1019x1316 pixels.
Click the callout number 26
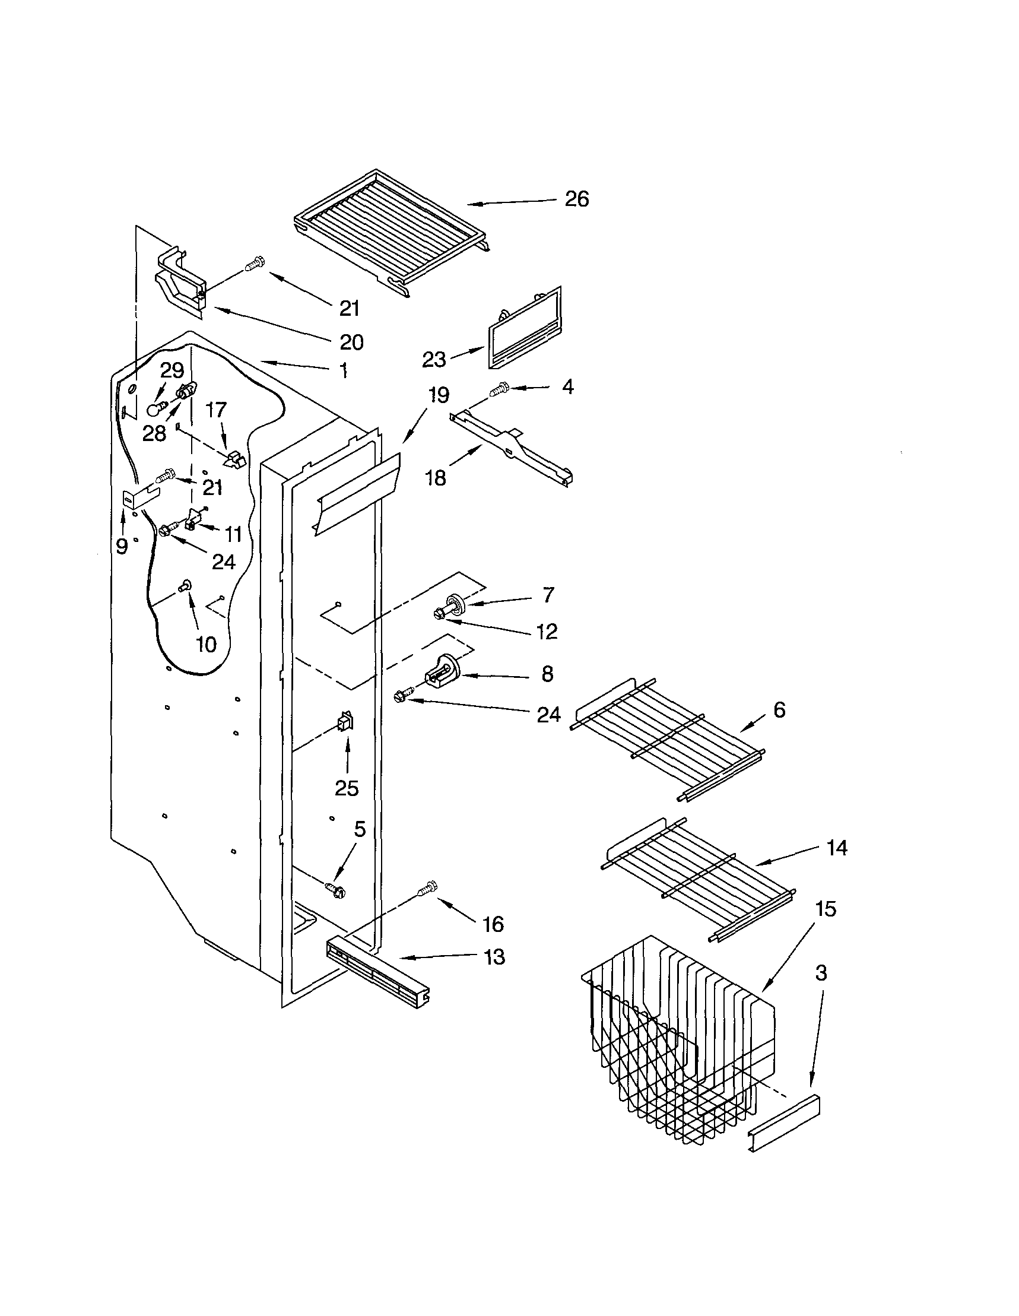pos(576,199)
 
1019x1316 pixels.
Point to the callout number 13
pos(494,957)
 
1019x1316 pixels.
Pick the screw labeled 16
pos(426,889)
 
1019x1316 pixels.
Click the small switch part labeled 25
pos(346,722)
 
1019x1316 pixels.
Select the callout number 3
pos(821,973)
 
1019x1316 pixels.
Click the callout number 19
pos(439,395)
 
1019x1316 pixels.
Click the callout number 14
pos(837,848)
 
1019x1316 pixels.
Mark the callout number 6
pos(779,711)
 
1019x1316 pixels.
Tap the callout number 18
pos(436,478)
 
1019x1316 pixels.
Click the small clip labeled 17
pos(234,460)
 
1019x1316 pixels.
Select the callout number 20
pos(351,343)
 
